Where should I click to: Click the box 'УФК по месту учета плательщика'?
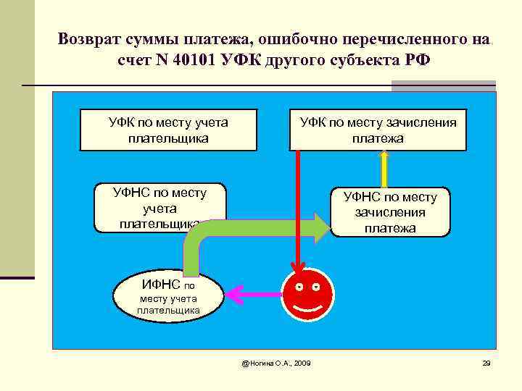168,130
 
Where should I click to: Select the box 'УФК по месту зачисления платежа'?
378,130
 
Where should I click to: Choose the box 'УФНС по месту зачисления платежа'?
390,212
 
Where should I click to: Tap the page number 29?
486,362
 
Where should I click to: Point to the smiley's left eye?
299,287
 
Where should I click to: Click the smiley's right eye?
318,287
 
